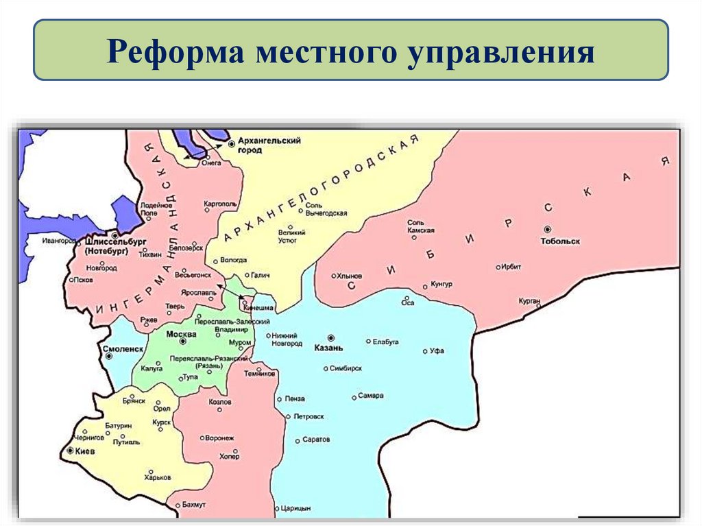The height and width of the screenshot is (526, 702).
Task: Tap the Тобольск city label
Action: (560, 241)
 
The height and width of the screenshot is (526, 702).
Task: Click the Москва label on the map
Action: (182, 334)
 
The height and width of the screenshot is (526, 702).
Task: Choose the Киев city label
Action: (86, 452)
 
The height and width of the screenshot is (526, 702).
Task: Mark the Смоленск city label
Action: (120, 348)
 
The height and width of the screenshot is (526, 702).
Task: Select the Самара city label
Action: (371, 396)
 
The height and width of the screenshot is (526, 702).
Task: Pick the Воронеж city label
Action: (220, 438)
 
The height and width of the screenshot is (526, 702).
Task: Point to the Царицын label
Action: (295, 508)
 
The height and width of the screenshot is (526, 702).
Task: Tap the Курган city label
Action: (530, 301)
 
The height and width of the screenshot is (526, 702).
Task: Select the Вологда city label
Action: (234, 261)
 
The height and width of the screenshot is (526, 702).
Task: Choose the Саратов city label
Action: (315, 439)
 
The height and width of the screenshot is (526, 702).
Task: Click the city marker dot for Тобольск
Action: (547, 229)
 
